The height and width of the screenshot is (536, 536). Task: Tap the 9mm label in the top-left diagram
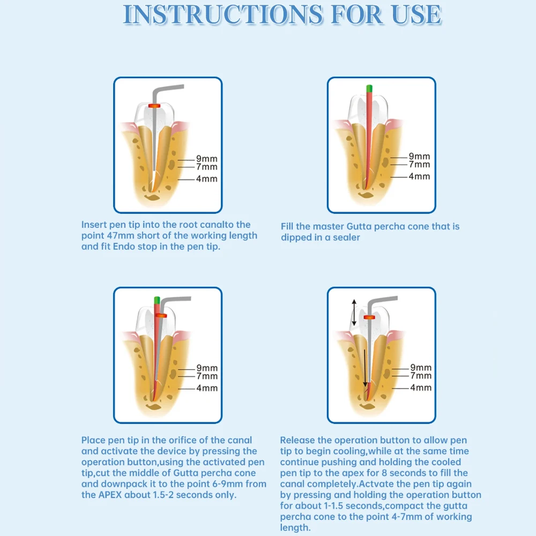click(206, 159)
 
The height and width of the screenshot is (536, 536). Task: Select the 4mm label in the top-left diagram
click(206, 178)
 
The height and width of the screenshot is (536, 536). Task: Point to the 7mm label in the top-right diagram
click(419, 165)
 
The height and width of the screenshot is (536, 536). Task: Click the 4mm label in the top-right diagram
click(419, 176)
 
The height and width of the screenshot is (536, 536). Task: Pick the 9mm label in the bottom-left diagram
click(206, 368)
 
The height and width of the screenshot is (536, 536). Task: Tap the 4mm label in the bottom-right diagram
click(421, 387)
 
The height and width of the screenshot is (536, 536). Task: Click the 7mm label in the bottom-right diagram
click(421, 376)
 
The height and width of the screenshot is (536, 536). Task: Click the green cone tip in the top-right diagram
click(369, 88)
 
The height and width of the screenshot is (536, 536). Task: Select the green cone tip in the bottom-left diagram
click(157, 299)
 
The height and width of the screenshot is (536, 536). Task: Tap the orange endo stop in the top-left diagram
click(155, 106)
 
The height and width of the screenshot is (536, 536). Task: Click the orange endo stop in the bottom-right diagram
click(369, 317)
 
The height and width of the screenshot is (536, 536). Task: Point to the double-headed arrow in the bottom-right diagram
click(354, 312)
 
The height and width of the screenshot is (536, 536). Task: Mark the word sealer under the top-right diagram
click(346, 237)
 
